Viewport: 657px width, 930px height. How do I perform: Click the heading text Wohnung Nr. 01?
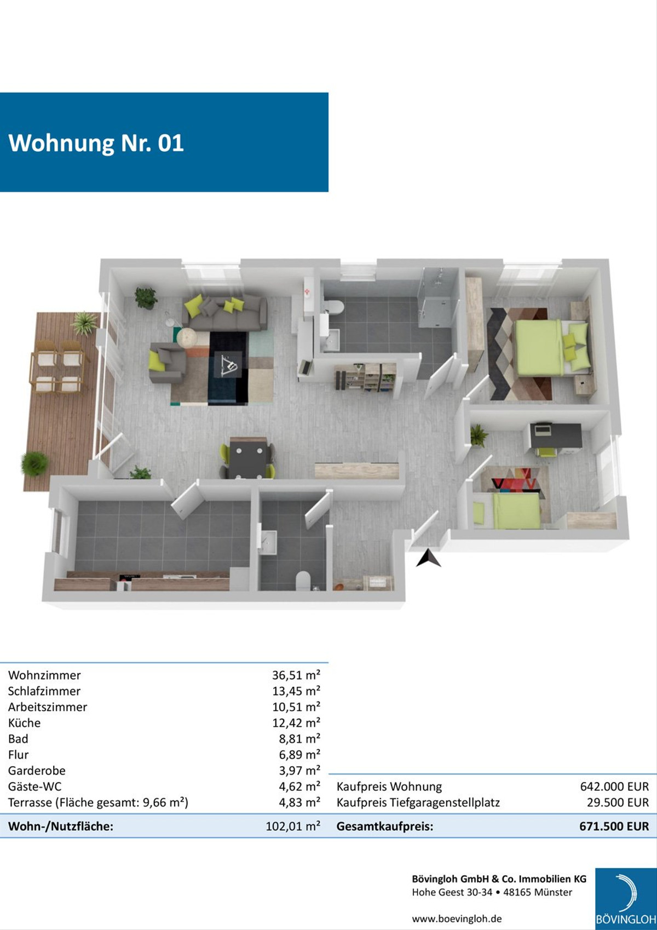(96, 143)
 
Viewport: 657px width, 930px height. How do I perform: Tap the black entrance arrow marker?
(428, 559)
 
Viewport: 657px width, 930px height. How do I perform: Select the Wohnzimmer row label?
(44, 675)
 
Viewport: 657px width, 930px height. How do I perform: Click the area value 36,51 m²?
(296, 675)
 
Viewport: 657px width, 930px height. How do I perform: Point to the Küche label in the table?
(24, 723)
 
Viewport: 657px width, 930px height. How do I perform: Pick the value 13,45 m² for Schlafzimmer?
(296, 691)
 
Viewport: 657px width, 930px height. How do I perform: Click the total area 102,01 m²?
(292, 826)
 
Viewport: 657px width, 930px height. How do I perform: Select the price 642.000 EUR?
(614, 787)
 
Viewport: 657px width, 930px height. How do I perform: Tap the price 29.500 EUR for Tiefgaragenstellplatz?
(618, 802)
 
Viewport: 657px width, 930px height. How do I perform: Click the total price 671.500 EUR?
(614, 826)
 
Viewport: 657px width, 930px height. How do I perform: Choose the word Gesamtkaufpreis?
(384, 826)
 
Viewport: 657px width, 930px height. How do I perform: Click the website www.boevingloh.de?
(457, 919)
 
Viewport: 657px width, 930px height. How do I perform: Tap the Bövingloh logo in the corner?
(626, 898)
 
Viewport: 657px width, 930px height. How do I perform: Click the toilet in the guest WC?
(303, 580)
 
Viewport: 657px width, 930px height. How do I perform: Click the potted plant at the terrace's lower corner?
(35, 463)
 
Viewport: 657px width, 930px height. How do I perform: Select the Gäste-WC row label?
(34, 787)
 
